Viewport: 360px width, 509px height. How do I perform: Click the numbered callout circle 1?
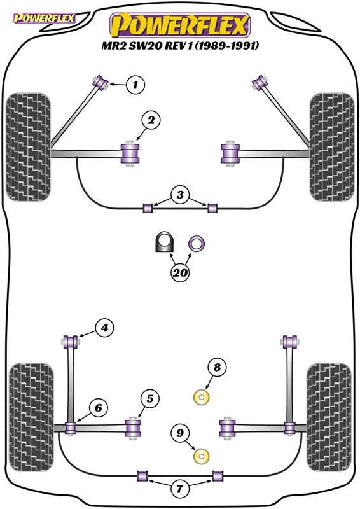point(135,85)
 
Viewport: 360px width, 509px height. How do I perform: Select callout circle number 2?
point(151,120)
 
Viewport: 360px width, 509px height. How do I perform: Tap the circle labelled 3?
point(180,195)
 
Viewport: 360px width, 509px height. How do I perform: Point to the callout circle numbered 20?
point(180,272)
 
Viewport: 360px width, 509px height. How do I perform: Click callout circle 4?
point(104,328)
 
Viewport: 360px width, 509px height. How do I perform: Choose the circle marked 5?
point(150,399)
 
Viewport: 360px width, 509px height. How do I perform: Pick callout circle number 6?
point(99,408)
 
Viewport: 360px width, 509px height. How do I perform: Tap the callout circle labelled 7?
point(179,488)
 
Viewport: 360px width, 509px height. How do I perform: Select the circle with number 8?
point(217,368)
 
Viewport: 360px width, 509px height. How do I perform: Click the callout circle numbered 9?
point(180,433)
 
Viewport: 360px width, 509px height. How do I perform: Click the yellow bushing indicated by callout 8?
point(201,397)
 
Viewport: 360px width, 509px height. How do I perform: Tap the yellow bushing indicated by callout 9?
point(201,456)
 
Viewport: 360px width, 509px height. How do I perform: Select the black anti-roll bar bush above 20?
point(164,242)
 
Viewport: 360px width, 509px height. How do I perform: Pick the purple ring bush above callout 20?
point(197,244)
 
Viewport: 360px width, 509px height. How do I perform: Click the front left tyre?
point(28,147)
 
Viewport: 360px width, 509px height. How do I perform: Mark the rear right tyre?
point(329,417)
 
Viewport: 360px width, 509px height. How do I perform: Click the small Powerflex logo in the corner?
point(45,18)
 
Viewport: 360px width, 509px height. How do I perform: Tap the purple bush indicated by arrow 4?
point(71,342)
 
